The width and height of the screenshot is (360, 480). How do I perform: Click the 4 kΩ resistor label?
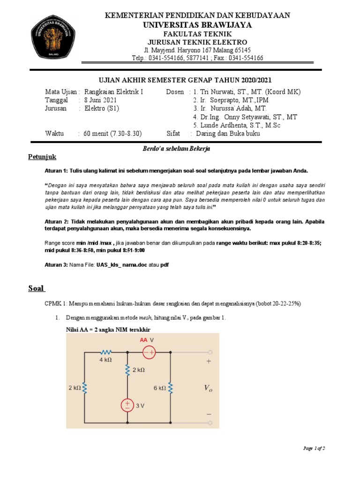105,360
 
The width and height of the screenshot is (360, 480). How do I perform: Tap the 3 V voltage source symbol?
127,405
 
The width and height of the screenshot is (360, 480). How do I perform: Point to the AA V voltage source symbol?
149,352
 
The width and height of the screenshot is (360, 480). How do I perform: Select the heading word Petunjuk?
42,157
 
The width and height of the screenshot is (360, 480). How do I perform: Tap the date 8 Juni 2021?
101,100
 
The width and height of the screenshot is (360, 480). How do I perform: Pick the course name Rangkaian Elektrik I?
113,91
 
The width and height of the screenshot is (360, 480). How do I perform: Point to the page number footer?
314,449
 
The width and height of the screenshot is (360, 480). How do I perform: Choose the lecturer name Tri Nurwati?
222,91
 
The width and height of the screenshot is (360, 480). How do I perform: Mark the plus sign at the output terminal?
209,362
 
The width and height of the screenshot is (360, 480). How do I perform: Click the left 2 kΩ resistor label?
73,388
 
